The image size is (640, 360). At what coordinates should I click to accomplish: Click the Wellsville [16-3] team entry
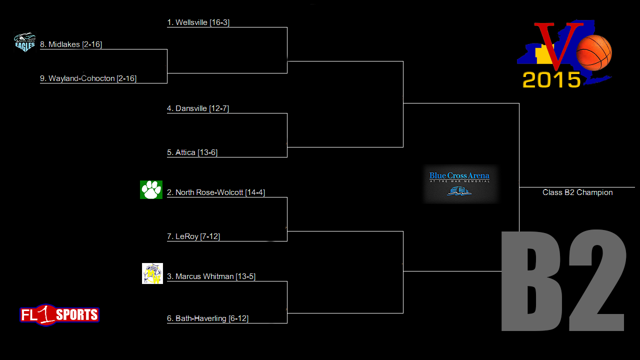198,22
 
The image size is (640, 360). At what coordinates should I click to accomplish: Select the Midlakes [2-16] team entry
71,44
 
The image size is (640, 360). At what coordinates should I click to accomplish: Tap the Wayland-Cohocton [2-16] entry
88,78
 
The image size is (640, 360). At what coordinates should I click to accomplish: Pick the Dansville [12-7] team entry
198,108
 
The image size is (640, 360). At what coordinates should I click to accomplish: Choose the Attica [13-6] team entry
192,152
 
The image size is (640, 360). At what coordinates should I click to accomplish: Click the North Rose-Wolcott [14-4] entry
216,192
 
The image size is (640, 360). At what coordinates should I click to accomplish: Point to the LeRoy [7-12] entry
193,236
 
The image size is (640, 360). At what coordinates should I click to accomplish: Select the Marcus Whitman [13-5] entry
211,276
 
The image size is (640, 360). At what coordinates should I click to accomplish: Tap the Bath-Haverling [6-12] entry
207,318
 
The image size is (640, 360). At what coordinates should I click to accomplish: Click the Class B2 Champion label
577,192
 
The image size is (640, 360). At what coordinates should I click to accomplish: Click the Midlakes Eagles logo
25,42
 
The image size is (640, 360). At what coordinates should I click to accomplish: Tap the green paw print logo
151,189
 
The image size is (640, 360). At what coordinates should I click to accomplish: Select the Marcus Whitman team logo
152,273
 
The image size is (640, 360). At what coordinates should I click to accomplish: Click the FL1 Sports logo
59,315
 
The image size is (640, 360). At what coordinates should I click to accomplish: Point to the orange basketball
594,52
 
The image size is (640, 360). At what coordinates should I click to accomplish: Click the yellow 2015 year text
551,79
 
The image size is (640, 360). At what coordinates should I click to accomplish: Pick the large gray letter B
531,281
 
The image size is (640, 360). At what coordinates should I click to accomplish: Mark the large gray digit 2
597,280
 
